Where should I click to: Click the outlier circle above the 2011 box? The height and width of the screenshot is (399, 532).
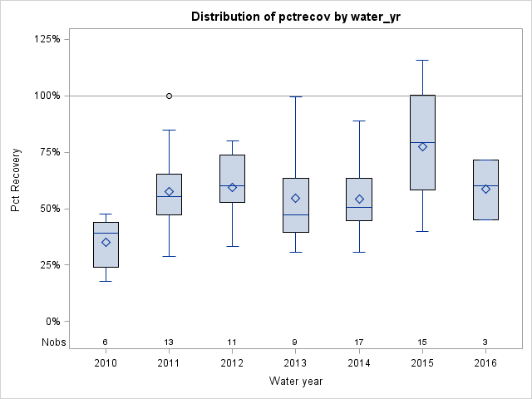click(169, 96)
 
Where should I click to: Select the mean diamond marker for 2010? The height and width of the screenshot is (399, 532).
click(106, 242)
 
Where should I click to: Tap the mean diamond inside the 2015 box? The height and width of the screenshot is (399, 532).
click(422, 146)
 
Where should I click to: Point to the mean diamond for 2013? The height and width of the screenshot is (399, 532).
click(295, 198)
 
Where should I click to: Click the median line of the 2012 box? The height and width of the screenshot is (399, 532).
click(232, 185)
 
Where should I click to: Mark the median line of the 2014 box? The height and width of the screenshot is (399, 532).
click(359, 207)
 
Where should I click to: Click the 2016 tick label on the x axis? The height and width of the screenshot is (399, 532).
click(485, 363)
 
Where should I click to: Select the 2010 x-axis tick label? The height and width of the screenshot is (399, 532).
click(106, 363)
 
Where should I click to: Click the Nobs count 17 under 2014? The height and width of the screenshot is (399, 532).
click(359, 342)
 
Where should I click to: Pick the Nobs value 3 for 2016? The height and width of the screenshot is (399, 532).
click(485, 342)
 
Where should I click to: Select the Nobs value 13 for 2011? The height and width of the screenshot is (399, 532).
click(169, 342)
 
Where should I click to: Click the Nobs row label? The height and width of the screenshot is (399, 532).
click(52, 342)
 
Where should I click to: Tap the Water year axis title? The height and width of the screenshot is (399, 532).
click(295, 382)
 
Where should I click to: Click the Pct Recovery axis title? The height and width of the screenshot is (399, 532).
click(16, 180)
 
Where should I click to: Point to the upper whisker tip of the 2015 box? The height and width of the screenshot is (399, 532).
click(422, 60)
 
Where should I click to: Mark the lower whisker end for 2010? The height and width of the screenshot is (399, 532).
click(106, 281)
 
